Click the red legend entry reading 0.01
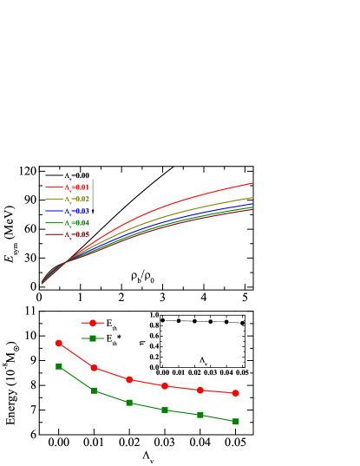[76, 187]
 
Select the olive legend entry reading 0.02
[76, 200]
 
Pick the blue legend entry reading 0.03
[76, 211]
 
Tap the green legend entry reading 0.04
[76, 223]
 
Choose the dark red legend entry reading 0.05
[76, 234]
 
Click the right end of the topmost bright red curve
[253, 183]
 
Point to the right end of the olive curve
[253, 197]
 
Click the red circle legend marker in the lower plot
[93, 323]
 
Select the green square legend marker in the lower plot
[93, 338]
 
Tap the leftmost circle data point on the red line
[59, 343]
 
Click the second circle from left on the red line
[94, 368]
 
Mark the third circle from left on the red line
[129, 379]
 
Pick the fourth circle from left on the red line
[165, 385]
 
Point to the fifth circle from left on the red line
[200, 390]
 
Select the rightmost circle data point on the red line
[235, 393]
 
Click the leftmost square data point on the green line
[59, 366]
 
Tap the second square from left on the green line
[94, 391]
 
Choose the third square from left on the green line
[129, 403]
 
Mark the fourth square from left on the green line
[165, 410]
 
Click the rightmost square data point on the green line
[235, 421]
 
